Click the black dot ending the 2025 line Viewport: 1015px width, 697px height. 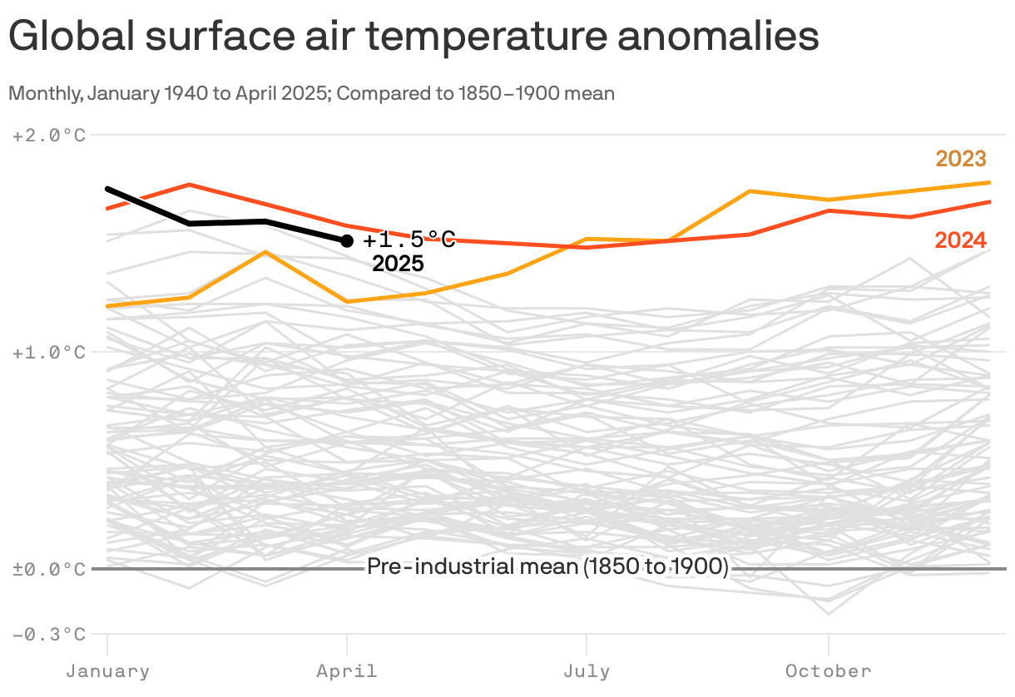tap(347, 241)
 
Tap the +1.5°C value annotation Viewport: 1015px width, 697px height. tap(409, 240)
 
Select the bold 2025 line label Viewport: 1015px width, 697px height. tap(398, 264)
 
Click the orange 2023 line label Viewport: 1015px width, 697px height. tap(961, 159)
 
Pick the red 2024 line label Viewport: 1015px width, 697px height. tap(961, 240)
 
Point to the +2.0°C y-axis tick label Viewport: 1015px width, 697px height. tap(49, 135)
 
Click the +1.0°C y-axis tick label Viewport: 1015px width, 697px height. tap(49, 353)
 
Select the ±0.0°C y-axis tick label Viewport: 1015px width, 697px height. tap(49, 570)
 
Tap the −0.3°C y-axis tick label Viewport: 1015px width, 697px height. tap(49, 635)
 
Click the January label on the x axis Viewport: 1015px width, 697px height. tap(107, 671)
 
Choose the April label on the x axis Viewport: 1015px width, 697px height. tap(347, 671)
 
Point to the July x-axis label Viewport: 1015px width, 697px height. tap(587, 671)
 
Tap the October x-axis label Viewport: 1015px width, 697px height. tap(828, 671)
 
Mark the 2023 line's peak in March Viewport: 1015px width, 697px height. tap(265, 251)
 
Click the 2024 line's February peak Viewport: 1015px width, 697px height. tap(190, 184)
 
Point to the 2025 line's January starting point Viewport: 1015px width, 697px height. tap(108, 189)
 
